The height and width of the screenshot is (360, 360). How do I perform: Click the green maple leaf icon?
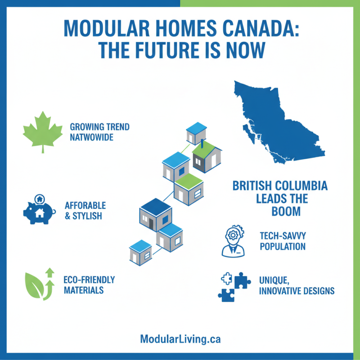click(41, 130)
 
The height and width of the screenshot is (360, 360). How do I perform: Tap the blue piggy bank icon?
click(39, 210)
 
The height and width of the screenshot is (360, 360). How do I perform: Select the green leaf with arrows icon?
click(40, 283)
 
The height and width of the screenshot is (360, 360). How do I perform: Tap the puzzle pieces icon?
click(234, 286)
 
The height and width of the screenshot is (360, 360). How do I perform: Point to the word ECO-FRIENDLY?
click(89, 279)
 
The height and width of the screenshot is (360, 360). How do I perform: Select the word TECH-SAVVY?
click(280, 235)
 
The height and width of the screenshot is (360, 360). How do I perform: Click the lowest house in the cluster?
click(141, 253)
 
